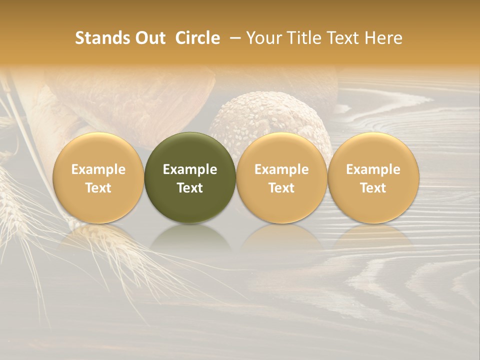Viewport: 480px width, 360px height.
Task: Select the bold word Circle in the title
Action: click(x=197, y=38)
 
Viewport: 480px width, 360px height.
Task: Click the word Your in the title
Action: click(x=264, y=38)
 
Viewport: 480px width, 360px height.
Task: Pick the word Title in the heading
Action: click(x=303, y=38)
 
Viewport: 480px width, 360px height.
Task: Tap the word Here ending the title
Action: click(x=383, y=38)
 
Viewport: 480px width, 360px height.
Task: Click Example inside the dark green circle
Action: click(x=190, y=169)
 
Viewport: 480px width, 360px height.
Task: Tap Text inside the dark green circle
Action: click(x=190, y=188)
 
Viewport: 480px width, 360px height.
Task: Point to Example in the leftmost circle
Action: click(x=98, y=169)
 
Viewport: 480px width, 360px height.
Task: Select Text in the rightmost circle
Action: click(x=373, y=188)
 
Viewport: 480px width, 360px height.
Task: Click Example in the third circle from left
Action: click(x=281, y=169)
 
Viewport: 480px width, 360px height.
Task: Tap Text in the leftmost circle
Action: click(x=98, y=188)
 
